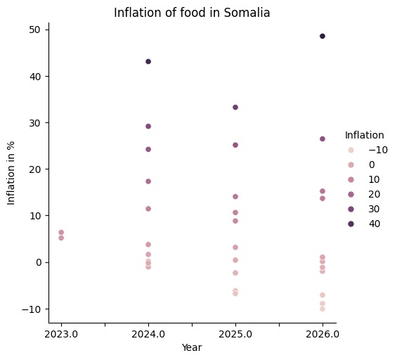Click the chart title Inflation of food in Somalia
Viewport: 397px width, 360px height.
pyautogui.click(x=192, y=12)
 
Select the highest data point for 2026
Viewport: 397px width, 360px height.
pyautogui.click(x=323, y=36)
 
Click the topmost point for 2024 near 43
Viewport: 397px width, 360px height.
pyautogui.click(x=148, y=62)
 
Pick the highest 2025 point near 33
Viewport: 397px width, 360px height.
pyautogui.click(x=235, y=108)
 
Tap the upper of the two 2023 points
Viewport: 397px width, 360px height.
pyautogui.click(x=61, y=232)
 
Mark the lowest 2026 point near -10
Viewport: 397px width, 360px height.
pyautogui.click(x=323, y=309)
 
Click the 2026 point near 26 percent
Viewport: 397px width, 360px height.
pyautogui.click(x=323, y=139)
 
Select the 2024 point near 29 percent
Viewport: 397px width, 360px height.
pyautogui.click(x=148, y=127)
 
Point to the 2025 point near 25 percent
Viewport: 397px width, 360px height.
pyautogui.click(x=235, y=145)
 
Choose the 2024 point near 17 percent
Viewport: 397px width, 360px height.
pyautogui.click(x=148, y=181)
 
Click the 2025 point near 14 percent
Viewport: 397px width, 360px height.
pyautogui.click(x=235, y=197)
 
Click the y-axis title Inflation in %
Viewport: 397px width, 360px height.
pyautogui.click(x=12, y=172)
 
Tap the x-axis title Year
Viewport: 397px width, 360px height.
pyautogui.click(x=192, y=347)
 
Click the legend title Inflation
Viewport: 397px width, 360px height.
pyautogui.click(x=364, y=135)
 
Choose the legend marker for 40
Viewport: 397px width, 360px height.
pyautogui.click(x=351, y=224)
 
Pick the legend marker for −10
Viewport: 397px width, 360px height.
pyautogui.click(x=351, y=150)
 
